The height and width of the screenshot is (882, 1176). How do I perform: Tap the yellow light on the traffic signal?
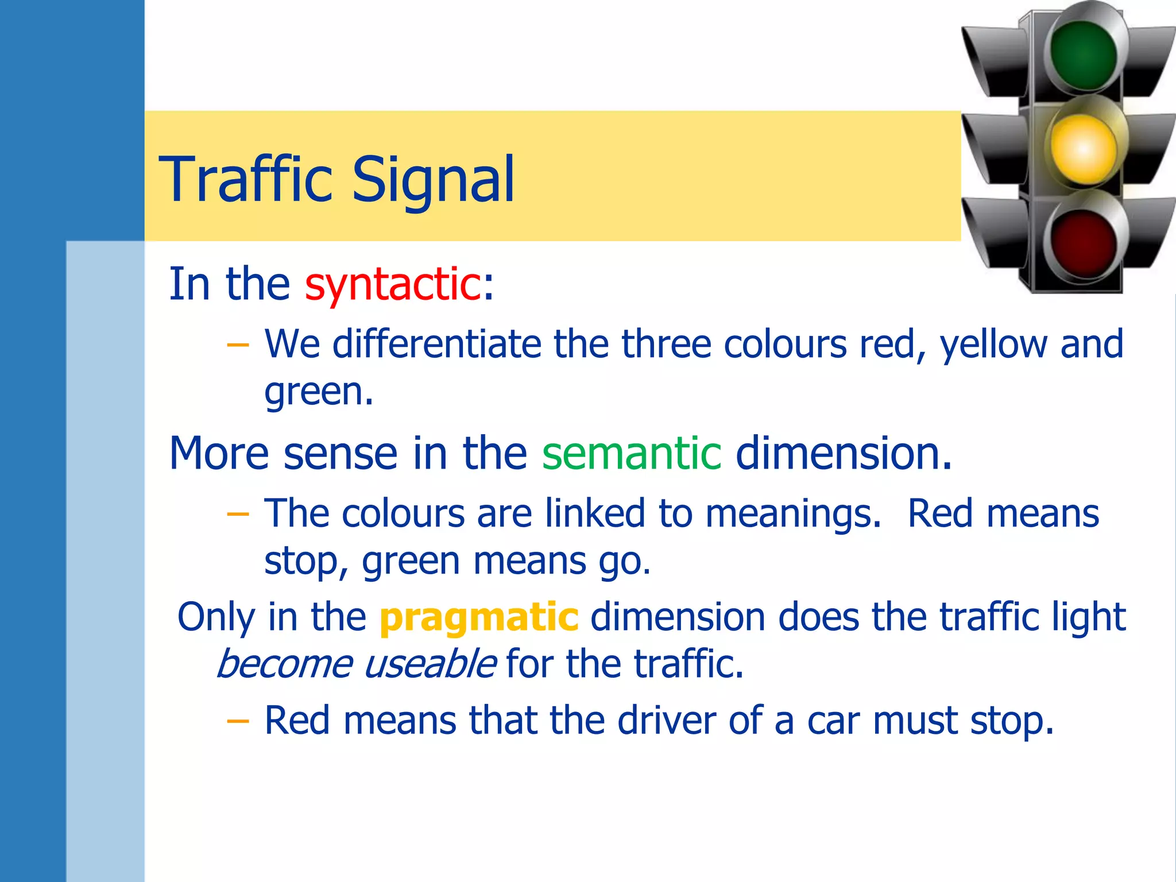point(1083,149)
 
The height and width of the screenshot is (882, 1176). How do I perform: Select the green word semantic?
point(632,453)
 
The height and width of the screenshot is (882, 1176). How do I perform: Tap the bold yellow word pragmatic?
point(479,617)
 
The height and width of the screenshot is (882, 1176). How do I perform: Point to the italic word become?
point(285,664)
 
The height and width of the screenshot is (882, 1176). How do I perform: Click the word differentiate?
point(437,344)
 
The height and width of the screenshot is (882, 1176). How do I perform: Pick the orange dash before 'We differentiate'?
point(238,345)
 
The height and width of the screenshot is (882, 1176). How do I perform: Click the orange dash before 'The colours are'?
point(238,513)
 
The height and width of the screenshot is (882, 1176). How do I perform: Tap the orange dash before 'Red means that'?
point(238,721)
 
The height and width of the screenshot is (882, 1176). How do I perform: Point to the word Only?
point(216,617)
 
